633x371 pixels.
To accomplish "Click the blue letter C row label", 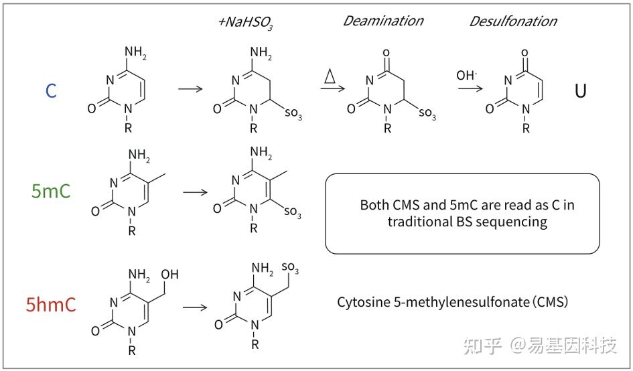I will [x=51, y=91].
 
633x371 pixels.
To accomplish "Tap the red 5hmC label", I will [x=51, y=306].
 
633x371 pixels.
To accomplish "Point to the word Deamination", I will [x=382, y=21].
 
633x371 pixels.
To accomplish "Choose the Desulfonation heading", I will [x=512, y=21].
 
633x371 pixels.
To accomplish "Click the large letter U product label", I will [x=581, y=91].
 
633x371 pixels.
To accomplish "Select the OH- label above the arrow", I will [x=467, y=76].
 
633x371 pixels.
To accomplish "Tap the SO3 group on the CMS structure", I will [x=290, y=269].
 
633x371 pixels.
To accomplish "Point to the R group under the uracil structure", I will [x=526, y=127].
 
